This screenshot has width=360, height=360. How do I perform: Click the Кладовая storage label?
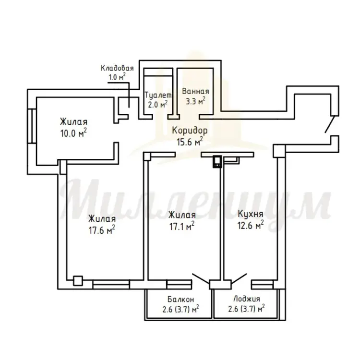117,68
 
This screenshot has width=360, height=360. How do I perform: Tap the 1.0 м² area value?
117,77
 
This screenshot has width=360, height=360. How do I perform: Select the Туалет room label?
158,96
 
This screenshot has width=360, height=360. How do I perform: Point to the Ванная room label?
196,91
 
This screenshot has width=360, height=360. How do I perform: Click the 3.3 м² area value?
195,101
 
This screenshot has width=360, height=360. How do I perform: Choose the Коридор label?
190,131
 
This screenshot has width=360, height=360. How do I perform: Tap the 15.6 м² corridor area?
190,142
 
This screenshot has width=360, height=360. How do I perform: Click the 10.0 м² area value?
73,133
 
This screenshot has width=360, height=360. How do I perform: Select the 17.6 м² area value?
102,230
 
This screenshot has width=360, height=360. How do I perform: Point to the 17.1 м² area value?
182,227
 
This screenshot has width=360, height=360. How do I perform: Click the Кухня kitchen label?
250,214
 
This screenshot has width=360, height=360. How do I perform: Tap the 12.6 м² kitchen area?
250,225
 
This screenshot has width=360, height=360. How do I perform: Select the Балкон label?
180,299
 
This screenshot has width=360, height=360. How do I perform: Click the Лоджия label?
247,299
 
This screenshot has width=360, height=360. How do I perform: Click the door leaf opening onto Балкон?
201,278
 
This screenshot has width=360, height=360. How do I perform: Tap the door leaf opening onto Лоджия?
239,278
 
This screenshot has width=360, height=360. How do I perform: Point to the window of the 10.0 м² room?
32,126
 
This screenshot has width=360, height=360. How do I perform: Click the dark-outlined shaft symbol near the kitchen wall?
217,162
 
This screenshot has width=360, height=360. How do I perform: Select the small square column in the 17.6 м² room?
78,281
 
